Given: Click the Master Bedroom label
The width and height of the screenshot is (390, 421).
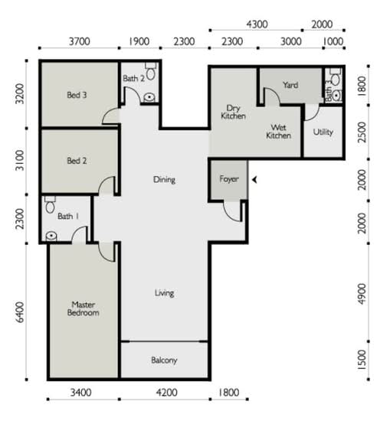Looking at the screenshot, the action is [x=83, y=308].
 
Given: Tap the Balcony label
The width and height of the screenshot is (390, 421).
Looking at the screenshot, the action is [x=164, y=360].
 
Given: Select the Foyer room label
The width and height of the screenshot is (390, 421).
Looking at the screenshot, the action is [x=229, y=179].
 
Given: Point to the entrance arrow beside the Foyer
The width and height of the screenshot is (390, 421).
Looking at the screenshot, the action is [x=254, y=180].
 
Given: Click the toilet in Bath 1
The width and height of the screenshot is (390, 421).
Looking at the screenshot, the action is [x=50, y=204].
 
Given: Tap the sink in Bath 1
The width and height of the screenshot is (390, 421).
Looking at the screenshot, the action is [x=51, y=237].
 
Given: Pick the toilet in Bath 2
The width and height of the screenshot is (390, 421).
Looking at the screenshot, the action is [x=150, y=71].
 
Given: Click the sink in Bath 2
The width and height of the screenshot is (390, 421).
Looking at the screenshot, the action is [x=149, y=97].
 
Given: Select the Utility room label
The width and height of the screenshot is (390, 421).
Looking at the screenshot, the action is [x=323, y=132].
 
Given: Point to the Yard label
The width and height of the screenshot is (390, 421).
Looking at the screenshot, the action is [x=290, y=85].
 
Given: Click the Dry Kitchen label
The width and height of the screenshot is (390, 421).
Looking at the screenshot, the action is [x=233, y=112].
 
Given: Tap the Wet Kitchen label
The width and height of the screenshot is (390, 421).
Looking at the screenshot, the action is [x=278, y=132].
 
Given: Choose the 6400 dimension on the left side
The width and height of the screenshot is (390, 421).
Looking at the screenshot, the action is [x=20, y=312].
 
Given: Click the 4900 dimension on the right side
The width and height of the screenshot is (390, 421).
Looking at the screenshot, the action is [x=362, y=294].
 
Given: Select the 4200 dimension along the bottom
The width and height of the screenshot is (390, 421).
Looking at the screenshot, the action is [x=166, y=393].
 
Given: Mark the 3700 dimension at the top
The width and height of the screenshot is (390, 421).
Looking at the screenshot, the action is [x=80, y=41].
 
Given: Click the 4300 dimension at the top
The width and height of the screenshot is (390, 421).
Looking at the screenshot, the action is [x=257, y=24].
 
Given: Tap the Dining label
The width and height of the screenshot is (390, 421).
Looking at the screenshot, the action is [x=164, y=179].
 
